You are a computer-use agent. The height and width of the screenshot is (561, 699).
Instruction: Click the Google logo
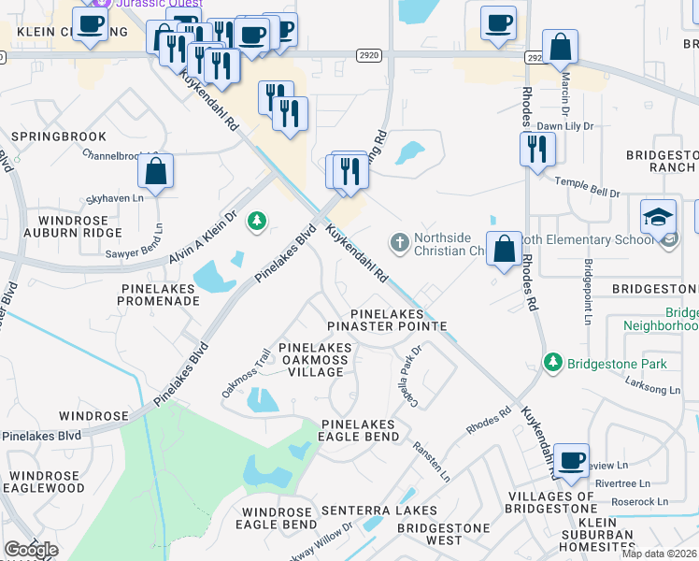pyautogui.click(x=30, y=550)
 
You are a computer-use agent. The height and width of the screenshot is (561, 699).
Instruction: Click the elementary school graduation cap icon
pyautogui.click(x=658, y=216)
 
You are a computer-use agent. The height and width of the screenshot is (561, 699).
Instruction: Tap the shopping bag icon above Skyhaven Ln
pyautogui.click(x=156, y=171)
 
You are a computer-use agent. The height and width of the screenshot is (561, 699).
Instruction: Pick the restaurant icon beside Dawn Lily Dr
pyautogui.click(x=537, y=149)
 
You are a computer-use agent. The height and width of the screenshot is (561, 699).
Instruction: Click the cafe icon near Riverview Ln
pyautogui.click(x=571, y=460)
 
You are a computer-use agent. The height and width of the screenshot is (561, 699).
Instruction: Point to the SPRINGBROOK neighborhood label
pyautogui.click(x=59, y=137)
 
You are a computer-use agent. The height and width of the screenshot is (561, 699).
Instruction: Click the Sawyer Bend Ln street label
pyautogui.click(x=158, y=239)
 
